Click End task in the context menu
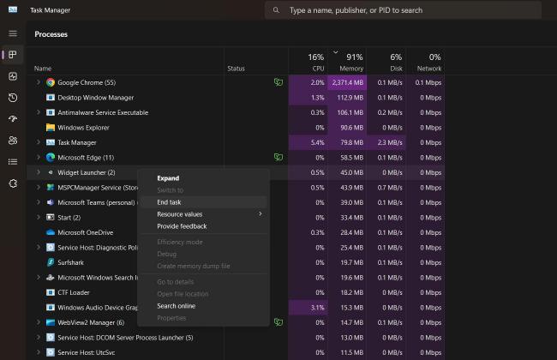(169, 202)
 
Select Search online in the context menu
(176, 306)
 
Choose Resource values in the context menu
(179, 214)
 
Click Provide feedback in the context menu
(182, 226)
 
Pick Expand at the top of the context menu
(168, 178)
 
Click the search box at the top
(403, 10)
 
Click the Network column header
(428, 63)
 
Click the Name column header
(43, 69)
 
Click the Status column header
(236, 69)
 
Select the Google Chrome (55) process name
(87, 83)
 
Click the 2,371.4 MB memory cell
(348, 83)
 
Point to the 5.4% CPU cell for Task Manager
(316, 142)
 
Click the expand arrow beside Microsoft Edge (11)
(39, 158)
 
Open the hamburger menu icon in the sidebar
(12, 33)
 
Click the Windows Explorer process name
(83, 128)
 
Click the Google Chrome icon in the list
(51, 83)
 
